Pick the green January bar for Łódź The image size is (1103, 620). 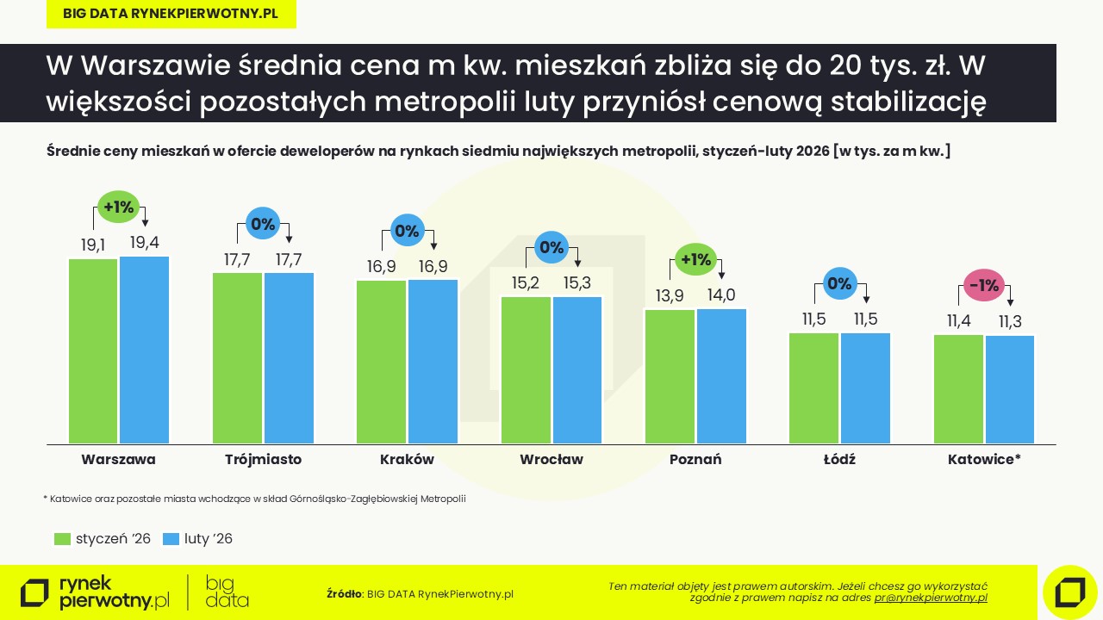pos(814,387)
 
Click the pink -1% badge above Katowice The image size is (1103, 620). pos(984,285)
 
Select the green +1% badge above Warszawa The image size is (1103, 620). pos(118,207)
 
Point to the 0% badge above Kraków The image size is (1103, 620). pos(406,231)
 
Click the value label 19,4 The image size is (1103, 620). pos(144,243)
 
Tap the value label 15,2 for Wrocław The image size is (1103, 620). pos(526,283)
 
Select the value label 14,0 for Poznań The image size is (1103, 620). pos(720,295)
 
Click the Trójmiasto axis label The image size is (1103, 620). pos(263,460)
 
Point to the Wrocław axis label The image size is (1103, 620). pos(551,460)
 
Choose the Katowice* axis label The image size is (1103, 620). pos(984,460)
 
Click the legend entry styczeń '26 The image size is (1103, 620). pos(113,539)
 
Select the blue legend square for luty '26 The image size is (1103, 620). pos(171,539)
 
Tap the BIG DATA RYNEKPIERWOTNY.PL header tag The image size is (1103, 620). pos(171,14)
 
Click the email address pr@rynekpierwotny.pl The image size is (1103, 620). pos(931,598)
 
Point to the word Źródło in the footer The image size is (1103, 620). pos(345,594)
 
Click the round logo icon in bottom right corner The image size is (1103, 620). pos(1069,592)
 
